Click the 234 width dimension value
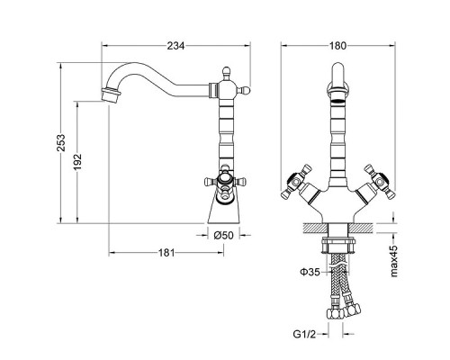click(176, 46)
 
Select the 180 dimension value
click(337, 46)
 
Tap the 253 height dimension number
click(61, 143)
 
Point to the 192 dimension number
click(77, 162)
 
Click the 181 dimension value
click(166, 253)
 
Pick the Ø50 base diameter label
click(223, 235)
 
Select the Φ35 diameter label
click(310, 272)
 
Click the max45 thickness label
click(393, 261)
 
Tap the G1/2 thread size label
click(304, 334)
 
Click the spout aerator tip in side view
click(111, 94)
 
